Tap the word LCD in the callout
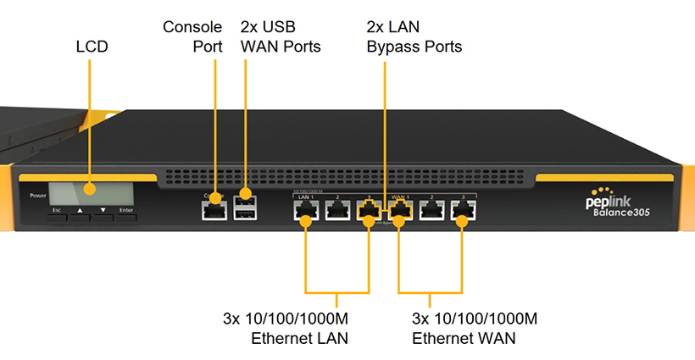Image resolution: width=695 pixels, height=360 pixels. click(92, 47)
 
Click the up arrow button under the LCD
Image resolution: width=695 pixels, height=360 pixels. click(81, 209)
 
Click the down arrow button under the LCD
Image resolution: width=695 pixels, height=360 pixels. click(103, 209)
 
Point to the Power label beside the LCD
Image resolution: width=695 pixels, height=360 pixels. click(37, 196)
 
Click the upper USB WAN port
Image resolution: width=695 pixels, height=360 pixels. click(246, 201)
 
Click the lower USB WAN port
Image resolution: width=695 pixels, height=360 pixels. click(246, 214)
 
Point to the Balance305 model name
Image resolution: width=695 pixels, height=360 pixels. click(625, 214)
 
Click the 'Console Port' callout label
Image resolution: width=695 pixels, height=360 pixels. click(193, 36)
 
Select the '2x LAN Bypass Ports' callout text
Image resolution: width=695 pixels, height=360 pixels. click(414, 36)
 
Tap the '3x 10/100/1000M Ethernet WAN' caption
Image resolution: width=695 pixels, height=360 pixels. click(475, 328)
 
